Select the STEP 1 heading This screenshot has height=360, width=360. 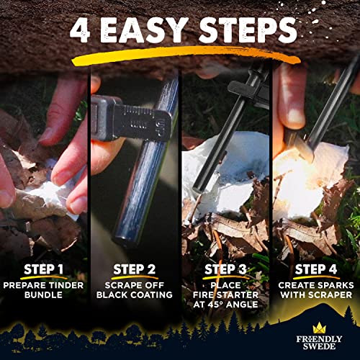tap(45, 271)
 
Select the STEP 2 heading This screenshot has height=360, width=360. tap(135, 271)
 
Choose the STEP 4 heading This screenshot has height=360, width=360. tap(314, 271)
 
